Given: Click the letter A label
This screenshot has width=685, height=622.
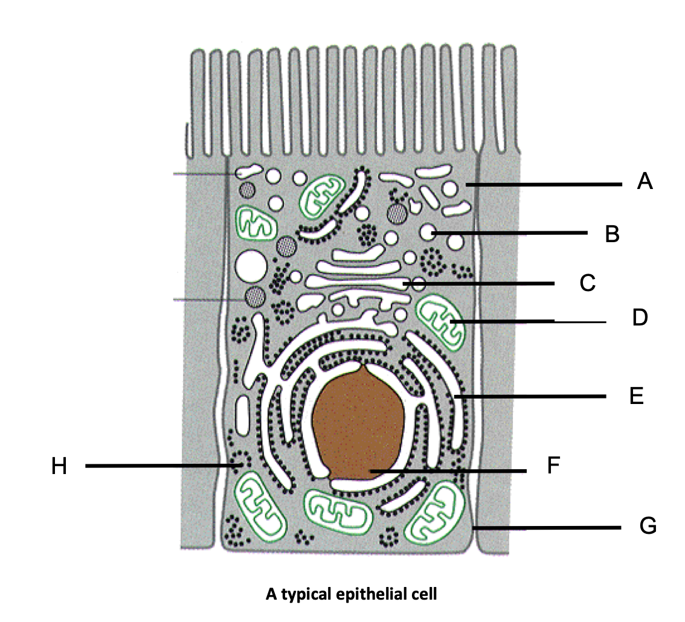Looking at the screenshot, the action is tap(645, 181).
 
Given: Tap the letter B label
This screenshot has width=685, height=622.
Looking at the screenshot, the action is tap(612, 234).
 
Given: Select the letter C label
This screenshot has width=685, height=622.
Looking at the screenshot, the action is tap(587, 283).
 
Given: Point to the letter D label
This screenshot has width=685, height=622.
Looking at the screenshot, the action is tap(640, 317).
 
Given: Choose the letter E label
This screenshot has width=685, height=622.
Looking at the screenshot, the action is tap(636, 396).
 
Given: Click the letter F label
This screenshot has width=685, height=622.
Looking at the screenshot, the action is tap(554, 466).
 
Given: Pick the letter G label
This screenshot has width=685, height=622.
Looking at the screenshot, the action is tap(647, 526).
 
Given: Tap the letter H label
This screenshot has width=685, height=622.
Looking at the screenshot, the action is tap(59, 466).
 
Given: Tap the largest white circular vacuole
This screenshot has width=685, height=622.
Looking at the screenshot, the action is tap(251, 266).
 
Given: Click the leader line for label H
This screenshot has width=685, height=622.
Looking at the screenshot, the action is tap(157, 466).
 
